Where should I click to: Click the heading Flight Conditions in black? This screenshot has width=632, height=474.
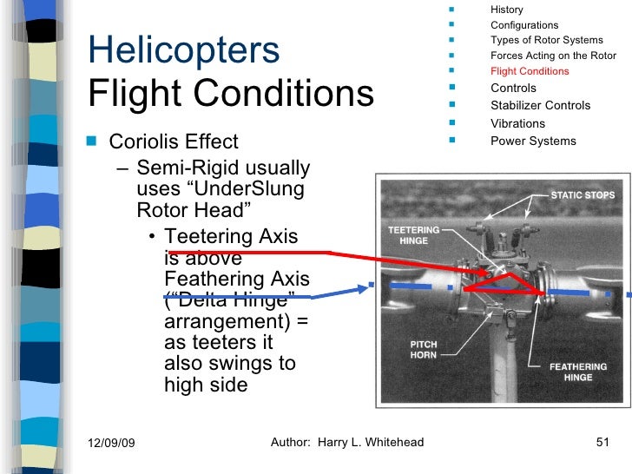[x=231, y=93]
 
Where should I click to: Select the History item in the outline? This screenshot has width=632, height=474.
[x=507, y=10]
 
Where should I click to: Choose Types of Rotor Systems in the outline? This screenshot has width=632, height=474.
[x=546, y=40]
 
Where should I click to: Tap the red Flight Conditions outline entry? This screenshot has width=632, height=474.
[x=530, y=71]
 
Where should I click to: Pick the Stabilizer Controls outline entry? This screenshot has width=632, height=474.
[x=540, y=105]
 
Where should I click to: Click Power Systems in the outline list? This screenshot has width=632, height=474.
[x=533, y=141]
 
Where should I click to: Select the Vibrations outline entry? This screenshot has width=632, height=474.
[x=517, y=123]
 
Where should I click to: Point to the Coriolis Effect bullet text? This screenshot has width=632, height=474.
[x=173, y=142]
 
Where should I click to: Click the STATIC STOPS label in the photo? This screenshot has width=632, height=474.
[x=583, y=195]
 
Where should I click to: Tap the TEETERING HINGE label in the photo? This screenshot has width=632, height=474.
[x=413, y=234]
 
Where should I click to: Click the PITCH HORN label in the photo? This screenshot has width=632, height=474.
[x=424, y=350]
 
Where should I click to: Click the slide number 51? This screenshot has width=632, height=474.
[x=603, y=443]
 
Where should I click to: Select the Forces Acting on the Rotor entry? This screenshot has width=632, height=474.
[x=553, y=56]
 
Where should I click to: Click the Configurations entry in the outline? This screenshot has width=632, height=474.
[x=524, y=25]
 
